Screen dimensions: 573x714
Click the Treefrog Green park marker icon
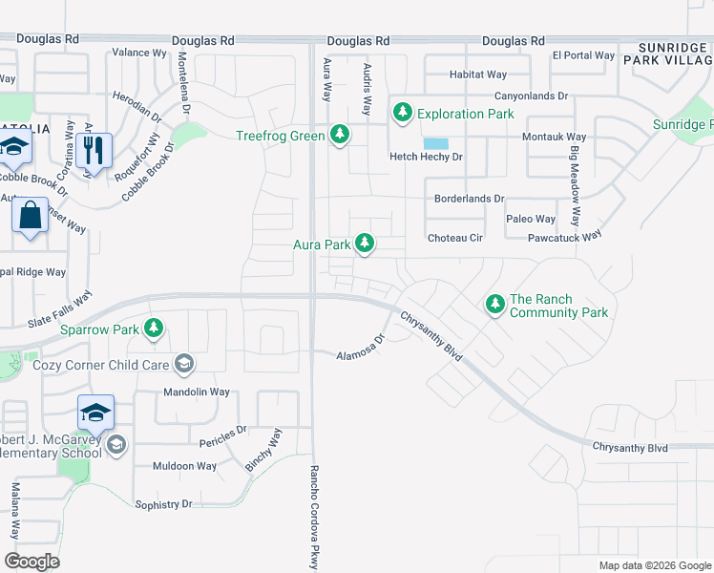point(339,136)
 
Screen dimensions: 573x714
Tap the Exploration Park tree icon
point(402,114)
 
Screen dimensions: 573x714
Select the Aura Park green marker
point(364,244)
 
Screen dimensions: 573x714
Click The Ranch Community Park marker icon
point(494,305)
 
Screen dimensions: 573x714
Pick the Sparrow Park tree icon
point(154,329)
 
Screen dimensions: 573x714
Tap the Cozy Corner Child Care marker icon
point(183,364)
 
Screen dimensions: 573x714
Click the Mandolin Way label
point(194,393)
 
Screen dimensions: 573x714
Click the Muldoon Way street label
point(185,466)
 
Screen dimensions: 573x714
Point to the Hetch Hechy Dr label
point(426,157)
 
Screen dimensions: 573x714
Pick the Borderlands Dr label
point(468,199)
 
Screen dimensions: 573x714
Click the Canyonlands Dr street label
point(531,96)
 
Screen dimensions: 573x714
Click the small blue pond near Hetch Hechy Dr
point(435,143)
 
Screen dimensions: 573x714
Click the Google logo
point(32,562)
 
